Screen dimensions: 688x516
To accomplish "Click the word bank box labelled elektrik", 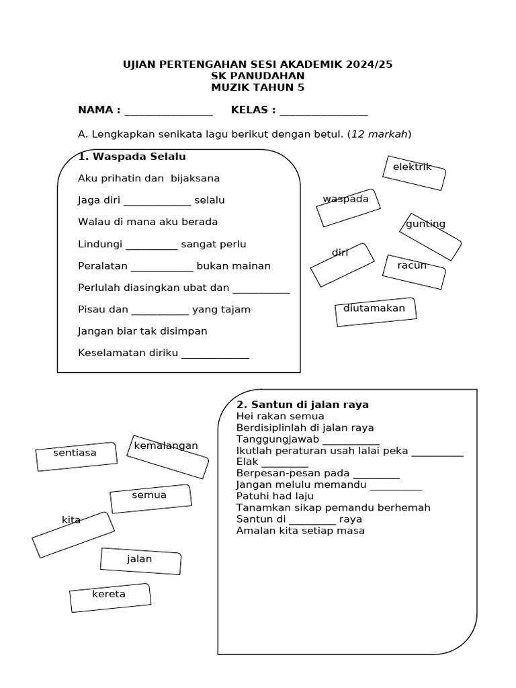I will point(414,173).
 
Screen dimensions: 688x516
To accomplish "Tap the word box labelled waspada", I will point(348,207).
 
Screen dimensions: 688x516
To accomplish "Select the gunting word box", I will point(430,236).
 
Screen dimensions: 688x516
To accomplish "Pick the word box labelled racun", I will point(414,272).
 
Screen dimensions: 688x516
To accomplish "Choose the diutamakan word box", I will point(376,312).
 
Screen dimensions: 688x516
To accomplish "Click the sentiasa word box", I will point(76,456).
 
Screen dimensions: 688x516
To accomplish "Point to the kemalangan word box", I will point(167,456).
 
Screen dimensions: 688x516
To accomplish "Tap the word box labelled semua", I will point(150,499).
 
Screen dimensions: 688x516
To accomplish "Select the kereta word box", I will point(110,597).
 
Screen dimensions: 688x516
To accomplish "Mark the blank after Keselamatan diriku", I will point(215,355).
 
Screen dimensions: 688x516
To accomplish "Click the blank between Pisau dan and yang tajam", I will point(160,311).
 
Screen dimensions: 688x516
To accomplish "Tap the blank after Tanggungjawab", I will point(351,441).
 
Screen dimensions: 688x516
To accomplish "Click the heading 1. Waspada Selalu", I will point(132,157).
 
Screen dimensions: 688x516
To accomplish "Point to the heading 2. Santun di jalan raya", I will point(302,404).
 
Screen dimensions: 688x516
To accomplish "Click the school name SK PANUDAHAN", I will point(257,76).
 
